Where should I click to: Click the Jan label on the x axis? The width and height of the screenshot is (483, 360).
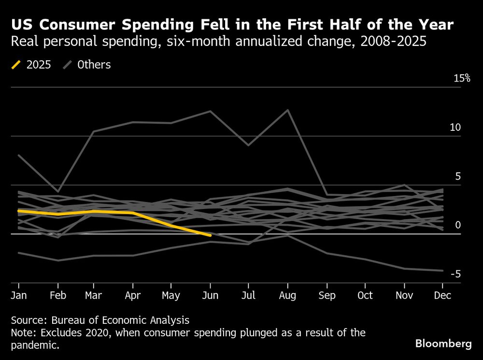pyautogui.click(x=18, y=296)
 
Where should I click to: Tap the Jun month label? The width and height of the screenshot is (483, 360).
pyautogui.click(x=210, y=296)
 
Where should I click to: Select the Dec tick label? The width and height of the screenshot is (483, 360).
pyautogui.click(x=442, y=296)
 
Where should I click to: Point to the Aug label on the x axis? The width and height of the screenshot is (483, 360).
pyautogui.click(x=288, y=296)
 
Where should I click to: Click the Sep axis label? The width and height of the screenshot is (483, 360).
pyautogui.click(x=327, y=296)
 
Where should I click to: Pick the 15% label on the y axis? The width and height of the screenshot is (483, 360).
pyautogui.click(x=462, y=78)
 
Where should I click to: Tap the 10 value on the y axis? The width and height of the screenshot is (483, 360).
pyautogui.click(x=455, y=127)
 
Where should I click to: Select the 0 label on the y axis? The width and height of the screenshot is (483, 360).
pyautogui.click(x=458, y=225)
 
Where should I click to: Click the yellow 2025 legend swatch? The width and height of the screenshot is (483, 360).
pyautogui.click(x=16, y=65)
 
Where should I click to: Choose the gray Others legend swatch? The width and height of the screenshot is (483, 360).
pyautogui.click(x=68, y=65)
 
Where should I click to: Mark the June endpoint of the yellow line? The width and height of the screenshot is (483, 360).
pyautogui.click(x=210, y=235)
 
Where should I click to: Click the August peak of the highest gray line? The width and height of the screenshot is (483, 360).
pyautogui.click(x=288, y=110)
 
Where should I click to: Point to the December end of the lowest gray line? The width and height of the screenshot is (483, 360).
pyautogui.click(x=442, y=271)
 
